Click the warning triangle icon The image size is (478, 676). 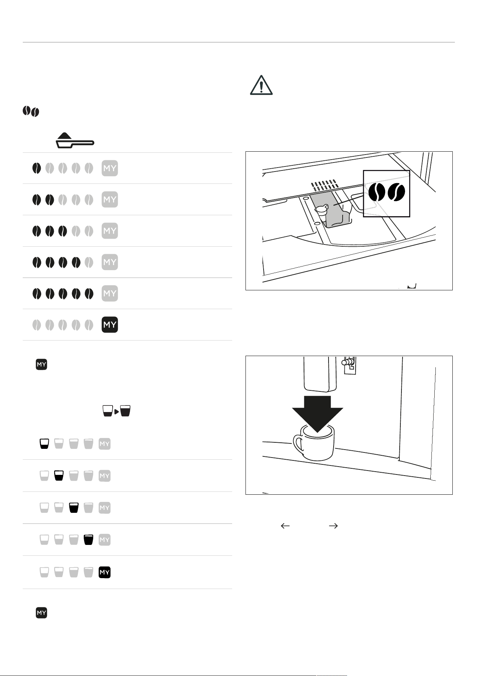(261, 86)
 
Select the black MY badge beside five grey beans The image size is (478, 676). (110, 325)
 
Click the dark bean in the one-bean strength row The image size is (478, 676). (37, 168)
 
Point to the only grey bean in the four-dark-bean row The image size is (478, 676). (89, 262)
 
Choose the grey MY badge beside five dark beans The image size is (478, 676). (110, 293)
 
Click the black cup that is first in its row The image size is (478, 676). (44, 444)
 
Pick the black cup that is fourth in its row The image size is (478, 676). (88, 540)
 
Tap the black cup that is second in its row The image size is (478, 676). (59, 476)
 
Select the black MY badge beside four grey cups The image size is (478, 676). (105, 572)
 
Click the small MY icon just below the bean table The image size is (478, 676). (42, 364)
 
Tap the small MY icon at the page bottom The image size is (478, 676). (42, 613)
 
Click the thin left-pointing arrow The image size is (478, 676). (285, 526)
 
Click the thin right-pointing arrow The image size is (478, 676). (333, 526)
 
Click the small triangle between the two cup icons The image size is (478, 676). (116, 411)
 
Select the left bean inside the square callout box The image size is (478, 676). (377, 192)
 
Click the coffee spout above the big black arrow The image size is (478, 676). (320, 374)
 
